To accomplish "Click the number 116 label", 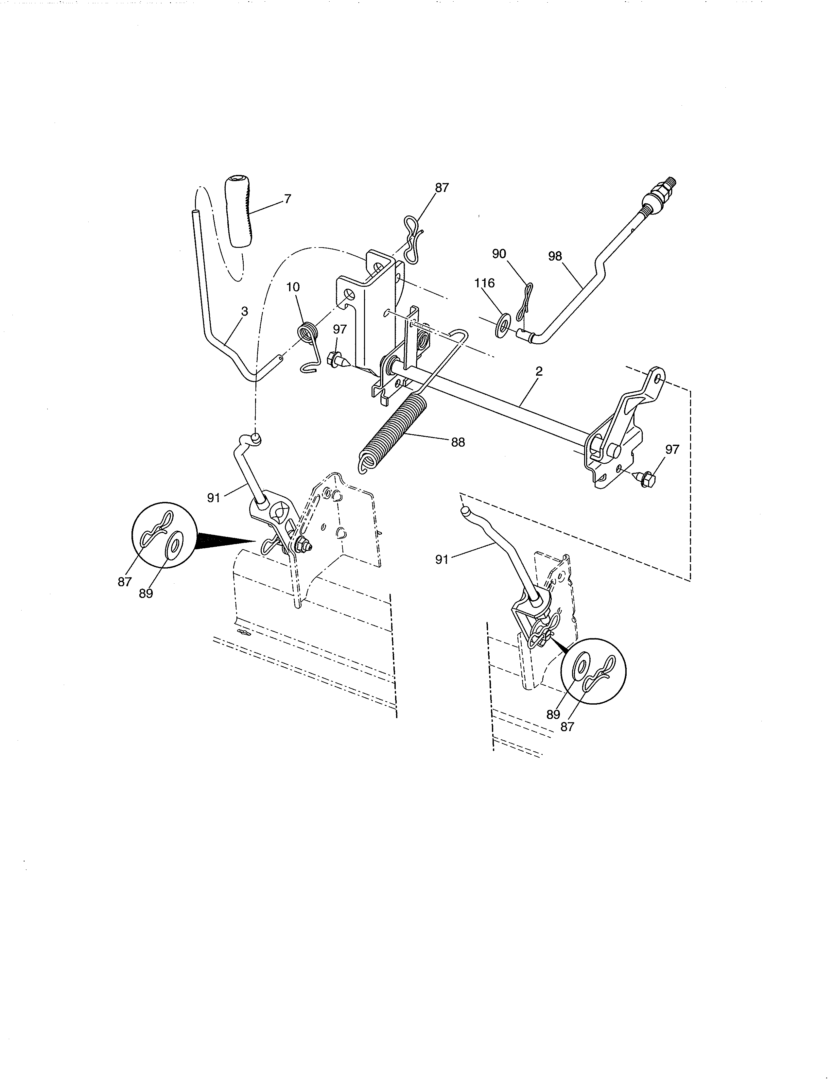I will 484,283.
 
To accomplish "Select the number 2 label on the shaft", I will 539,371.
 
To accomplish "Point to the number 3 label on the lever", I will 244,311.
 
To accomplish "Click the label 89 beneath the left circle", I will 146,594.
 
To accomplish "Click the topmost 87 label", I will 442,188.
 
